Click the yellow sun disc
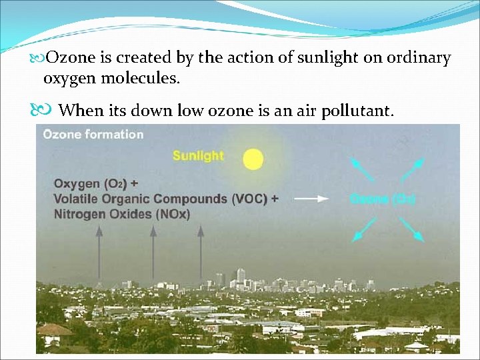point(253,159)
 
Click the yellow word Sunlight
point(198,156)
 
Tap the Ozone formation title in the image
point(93,134)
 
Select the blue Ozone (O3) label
point(383,199)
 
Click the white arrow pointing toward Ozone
point(311,199)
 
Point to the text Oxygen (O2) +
point(97,183)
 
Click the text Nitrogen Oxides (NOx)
point(122,214)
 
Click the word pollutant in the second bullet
point(357,110)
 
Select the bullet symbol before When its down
point(45,110)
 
